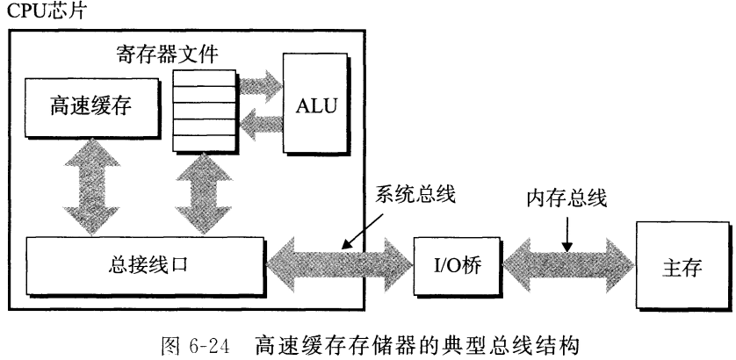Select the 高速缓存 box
pos(85,107)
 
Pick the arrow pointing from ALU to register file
pos(260,126)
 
